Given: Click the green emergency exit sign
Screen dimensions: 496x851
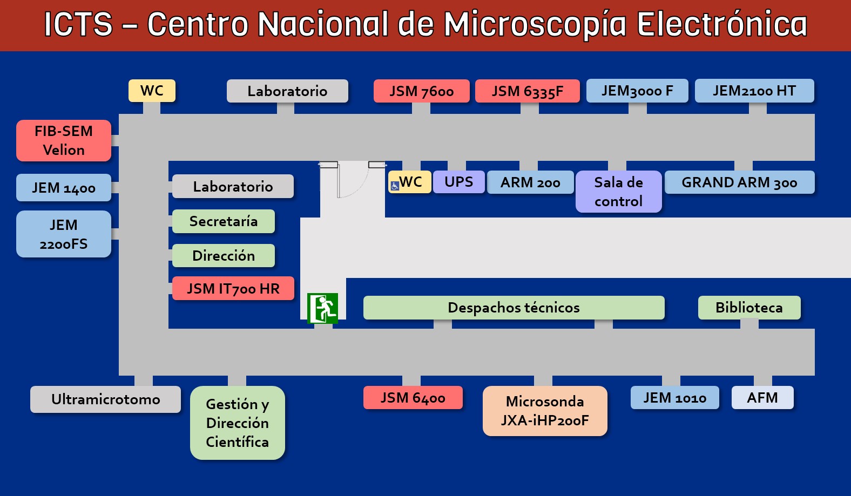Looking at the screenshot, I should click(x=322, y=308).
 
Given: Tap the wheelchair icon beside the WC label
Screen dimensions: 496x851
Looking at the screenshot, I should click(x=395, y=186).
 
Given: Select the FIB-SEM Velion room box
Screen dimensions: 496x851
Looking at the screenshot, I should click(x=64, y=140).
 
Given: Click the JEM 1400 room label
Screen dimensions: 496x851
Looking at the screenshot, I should click(x=64, y=188).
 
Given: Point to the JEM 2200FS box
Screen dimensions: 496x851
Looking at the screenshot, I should click(x=64, y=234).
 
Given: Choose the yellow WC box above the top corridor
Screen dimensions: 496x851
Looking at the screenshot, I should click(x=152, y=91).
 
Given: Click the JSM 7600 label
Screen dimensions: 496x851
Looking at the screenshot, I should click(x=421, y=91).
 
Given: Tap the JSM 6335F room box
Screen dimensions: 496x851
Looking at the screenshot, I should click(x=527, y=91).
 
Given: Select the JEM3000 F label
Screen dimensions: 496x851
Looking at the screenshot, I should click(x=637, y=91).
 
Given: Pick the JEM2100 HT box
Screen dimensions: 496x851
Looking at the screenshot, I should click(x=754, y=91).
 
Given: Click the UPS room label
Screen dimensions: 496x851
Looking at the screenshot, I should click(x=458, y=182).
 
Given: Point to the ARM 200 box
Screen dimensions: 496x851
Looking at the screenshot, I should click(x=530, y=182).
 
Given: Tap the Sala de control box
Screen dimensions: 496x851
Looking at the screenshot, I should click(x=618, y=192).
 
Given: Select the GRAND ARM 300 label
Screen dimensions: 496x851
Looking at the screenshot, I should click(x=739, y=182).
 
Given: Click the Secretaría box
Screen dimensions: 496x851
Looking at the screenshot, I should click(x=223, y=221).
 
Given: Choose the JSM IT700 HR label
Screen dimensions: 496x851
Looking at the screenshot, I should click(x=233, y=288).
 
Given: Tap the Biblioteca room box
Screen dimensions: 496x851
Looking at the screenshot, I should click(x=749, y=308).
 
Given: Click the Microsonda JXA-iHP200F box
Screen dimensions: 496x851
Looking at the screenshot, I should click(x=545, y=411).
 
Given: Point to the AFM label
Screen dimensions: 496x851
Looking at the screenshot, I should click(x=762, y=398).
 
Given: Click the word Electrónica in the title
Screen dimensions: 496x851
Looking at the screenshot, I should click(x=721, y=24).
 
